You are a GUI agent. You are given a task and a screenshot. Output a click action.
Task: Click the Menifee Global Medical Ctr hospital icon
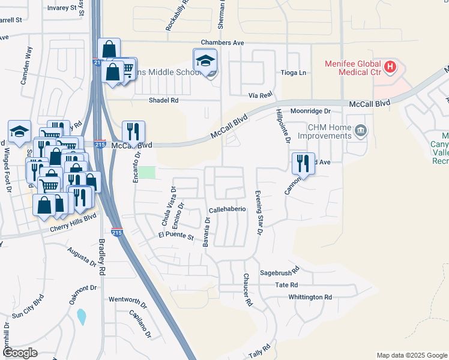(391, 66)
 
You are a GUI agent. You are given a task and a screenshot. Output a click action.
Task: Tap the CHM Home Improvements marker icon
(360, 130)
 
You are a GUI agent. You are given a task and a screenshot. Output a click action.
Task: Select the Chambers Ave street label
(222, 43)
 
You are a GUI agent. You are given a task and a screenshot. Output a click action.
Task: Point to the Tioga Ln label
(294, 73)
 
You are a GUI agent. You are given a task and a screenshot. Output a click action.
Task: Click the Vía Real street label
(261, 95)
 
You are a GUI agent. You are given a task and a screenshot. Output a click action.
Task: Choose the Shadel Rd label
(164, 101)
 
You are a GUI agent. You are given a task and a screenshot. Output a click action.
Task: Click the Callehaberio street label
(228, 209)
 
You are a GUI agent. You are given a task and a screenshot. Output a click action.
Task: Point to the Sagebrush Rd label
(279, 272)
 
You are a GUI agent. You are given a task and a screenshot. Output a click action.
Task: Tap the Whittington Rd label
(310, 297)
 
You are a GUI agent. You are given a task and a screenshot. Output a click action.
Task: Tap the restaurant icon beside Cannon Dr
(303, 162)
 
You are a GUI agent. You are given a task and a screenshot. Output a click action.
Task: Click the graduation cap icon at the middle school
(205, 60)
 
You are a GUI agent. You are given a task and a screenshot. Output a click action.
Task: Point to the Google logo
(20, 353)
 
